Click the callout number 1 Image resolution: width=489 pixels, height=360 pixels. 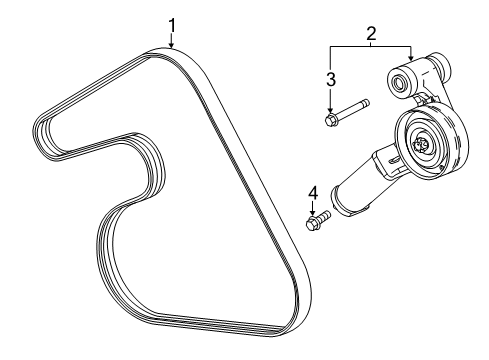[x=171, y=24]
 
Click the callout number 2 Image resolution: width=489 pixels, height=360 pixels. [x=371, y=35]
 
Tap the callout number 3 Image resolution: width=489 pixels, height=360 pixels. [x=330, y=79]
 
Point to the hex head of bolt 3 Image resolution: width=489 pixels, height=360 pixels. [x=331, y=120]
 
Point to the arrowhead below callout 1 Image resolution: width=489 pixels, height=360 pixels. [x=171, y=45]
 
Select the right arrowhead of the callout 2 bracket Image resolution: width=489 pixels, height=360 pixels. [x=411, y=60]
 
